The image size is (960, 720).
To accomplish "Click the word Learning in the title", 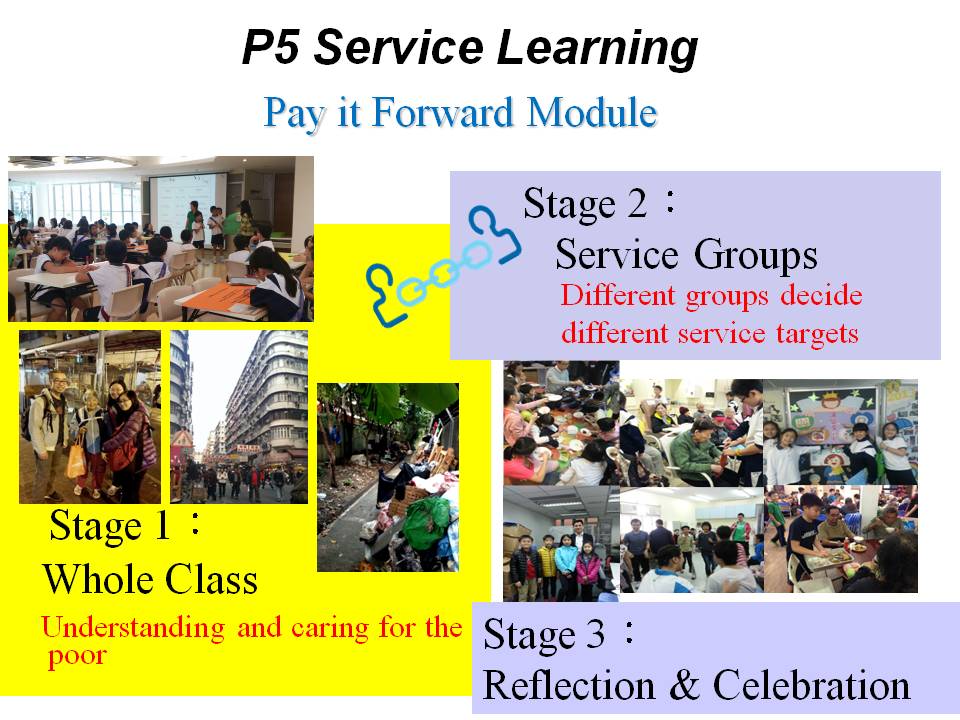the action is coord(597,49).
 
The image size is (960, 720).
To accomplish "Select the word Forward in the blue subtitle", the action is coord(443,112).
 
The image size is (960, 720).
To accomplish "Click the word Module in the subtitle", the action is coord(591,112).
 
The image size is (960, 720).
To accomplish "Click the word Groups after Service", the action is coord(756,255).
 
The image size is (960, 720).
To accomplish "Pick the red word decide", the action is coord(821,295).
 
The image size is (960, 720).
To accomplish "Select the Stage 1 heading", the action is coord(125,525).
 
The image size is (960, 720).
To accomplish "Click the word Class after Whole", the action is coord(211,579).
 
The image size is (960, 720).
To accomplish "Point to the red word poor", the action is coord(77,657).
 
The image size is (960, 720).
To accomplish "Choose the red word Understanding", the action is coord(133,629).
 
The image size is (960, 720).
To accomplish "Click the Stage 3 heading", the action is coord(558,634).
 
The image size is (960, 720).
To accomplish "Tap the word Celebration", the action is coord(811,684).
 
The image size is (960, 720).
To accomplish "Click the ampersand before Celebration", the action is coord(684,684).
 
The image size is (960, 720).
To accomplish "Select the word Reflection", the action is coord(569,684).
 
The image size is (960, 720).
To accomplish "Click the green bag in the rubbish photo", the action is coord(427,522).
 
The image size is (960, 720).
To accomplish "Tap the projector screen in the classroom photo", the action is coord(186,198).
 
